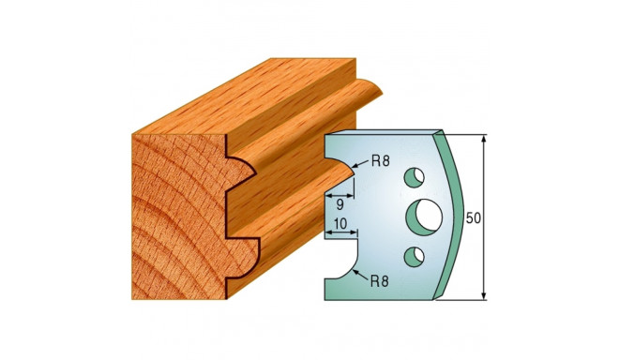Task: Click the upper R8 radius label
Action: click(x=381, y=160)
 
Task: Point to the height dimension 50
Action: click(x=474, y=217)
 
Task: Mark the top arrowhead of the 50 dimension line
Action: click(x=485, y=139)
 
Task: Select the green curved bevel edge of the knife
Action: click(x=454, y=217)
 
